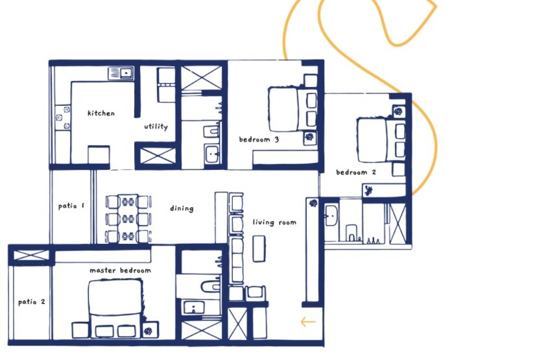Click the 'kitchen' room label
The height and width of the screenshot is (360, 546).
101,114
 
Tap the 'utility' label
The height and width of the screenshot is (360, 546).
156,126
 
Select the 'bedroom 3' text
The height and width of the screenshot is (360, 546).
259,139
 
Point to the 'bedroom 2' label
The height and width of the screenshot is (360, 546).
356,173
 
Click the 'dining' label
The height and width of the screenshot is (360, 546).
182,209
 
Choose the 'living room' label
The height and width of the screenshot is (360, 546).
274,222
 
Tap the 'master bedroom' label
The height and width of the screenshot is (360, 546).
120,270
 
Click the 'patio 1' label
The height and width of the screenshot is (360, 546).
71,206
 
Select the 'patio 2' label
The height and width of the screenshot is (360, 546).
31,302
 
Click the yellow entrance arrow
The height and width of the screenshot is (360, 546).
308,321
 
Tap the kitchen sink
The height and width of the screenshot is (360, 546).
119,72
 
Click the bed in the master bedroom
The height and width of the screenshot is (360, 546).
115,302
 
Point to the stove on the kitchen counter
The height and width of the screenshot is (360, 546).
62,117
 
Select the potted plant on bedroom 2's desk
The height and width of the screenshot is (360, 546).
369,191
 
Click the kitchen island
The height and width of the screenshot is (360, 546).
98,155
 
